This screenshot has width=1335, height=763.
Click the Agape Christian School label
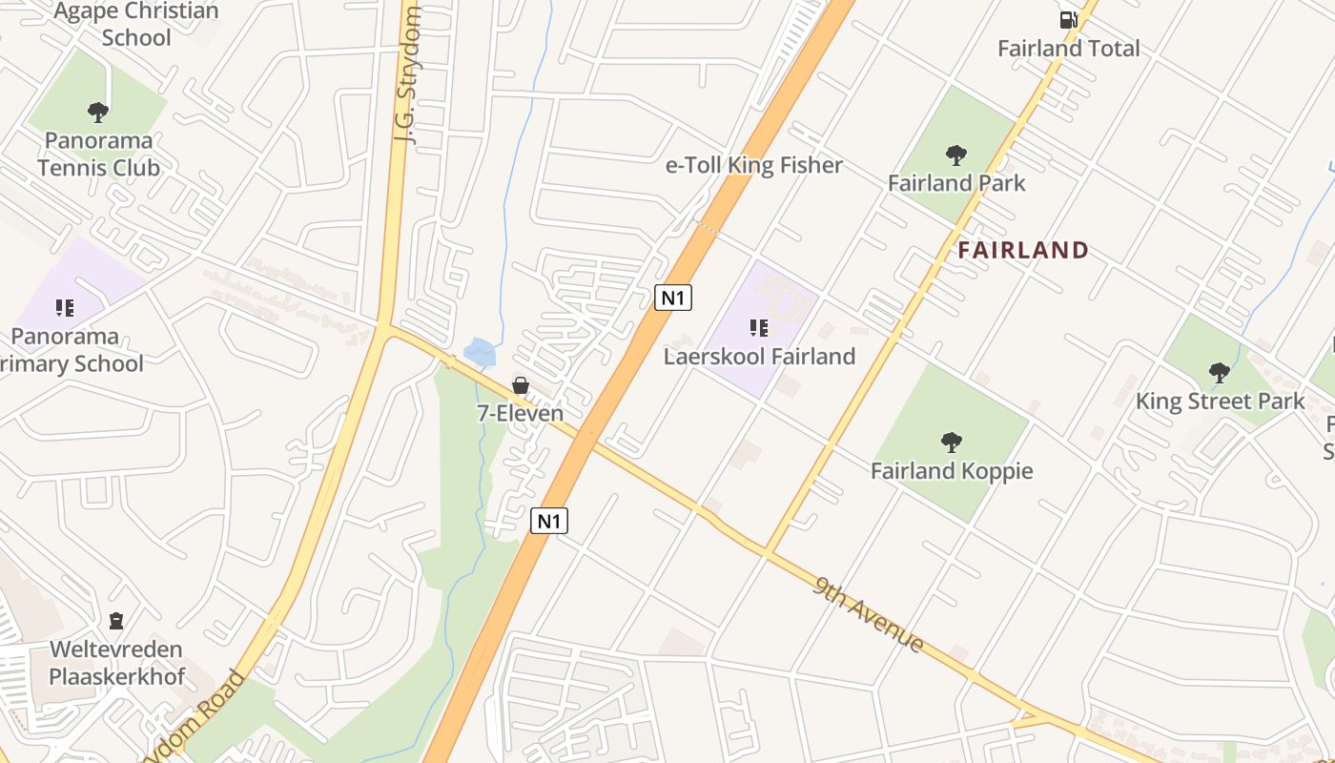coord(136,25)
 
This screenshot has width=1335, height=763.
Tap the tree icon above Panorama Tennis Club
coord(97,113)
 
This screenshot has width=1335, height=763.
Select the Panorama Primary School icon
coord(65,307)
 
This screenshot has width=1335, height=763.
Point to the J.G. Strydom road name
coord(408,76)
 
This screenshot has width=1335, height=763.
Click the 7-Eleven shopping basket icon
coord(521,385)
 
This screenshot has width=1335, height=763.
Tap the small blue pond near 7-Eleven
coord(480,352)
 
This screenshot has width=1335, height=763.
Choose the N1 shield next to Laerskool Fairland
coord(673,298)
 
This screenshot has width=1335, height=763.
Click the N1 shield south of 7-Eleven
coord(548,521)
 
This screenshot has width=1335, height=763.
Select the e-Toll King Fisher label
coord(753,165)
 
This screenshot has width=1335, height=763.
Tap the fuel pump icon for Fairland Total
coord(1068,19)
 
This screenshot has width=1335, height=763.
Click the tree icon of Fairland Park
coord(955,155)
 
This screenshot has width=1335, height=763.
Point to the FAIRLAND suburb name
coord(1023,251)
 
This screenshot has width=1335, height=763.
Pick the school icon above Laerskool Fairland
coord(759,328)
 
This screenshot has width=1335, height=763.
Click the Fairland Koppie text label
coord(952,471)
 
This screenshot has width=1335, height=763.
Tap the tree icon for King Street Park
coord(1219,373)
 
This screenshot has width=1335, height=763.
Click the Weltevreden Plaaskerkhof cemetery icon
coord(116,621)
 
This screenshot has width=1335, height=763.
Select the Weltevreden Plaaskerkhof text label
coord(116,663)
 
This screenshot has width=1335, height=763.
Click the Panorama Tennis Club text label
coord(99,154)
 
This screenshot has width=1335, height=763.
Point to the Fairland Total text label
coord(1068,49)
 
